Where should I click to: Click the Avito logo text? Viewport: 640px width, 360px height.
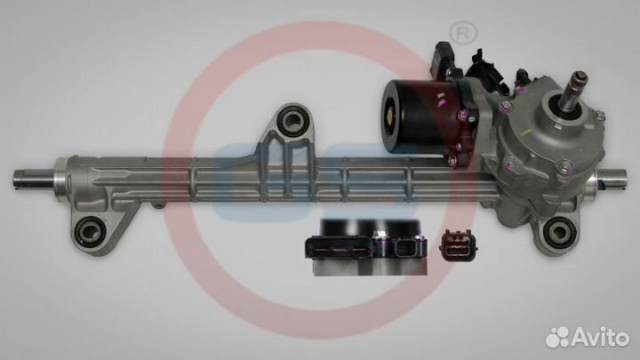tap(601, 337)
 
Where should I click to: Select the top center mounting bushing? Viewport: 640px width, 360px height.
tap(292, 120)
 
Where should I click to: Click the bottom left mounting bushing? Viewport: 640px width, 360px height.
tap(88, 231)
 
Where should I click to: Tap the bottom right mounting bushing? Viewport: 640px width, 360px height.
tap(557, 232)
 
